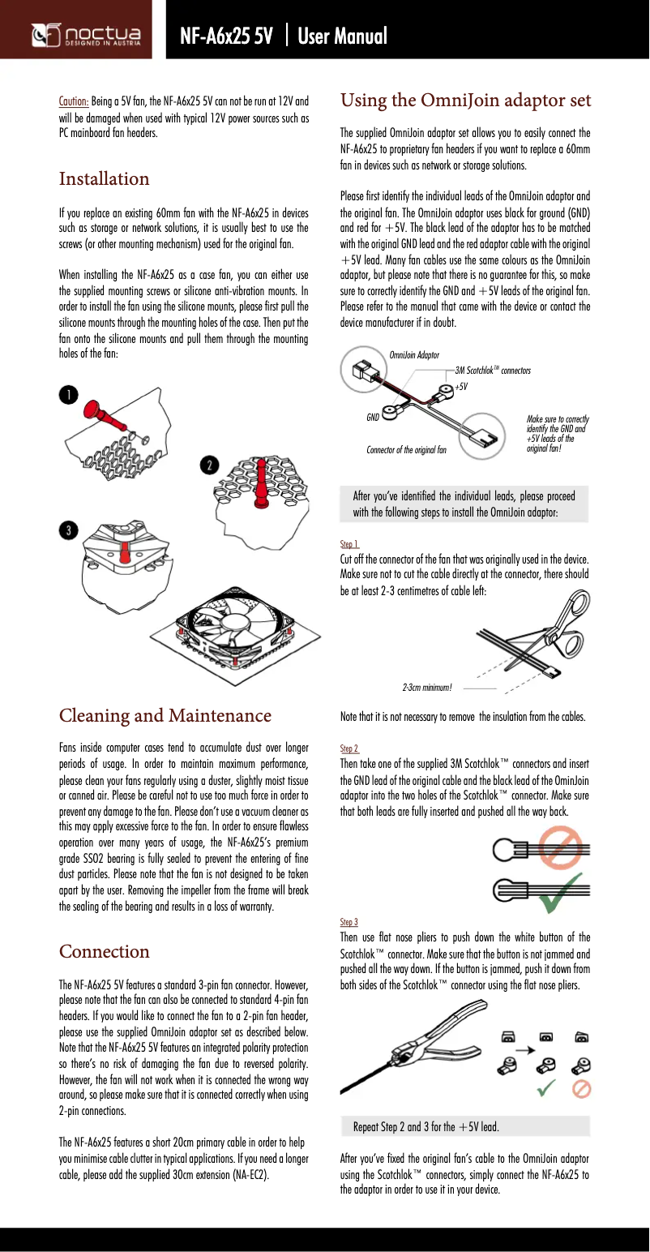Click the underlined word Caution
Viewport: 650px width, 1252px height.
pos(74,101)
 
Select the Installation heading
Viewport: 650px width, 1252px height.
pos(105,178)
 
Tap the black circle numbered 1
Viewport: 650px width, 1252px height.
pos(69,395)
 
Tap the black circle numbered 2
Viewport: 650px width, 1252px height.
pos(210,465)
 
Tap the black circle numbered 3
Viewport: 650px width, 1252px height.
pos(69,530)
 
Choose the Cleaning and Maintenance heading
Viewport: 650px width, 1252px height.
pos(165,715)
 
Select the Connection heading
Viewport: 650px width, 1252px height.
pos(105,951)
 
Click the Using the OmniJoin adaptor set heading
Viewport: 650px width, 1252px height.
pos(465,101)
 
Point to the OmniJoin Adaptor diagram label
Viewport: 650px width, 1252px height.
pos(414,355)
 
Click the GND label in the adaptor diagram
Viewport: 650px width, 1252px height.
pos(373,417)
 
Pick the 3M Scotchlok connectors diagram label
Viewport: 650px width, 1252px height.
pos(493,370)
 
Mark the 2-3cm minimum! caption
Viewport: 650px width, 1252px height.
pos(426,688)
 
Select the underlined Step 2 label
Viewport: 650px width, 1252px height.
pos(349,748)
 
